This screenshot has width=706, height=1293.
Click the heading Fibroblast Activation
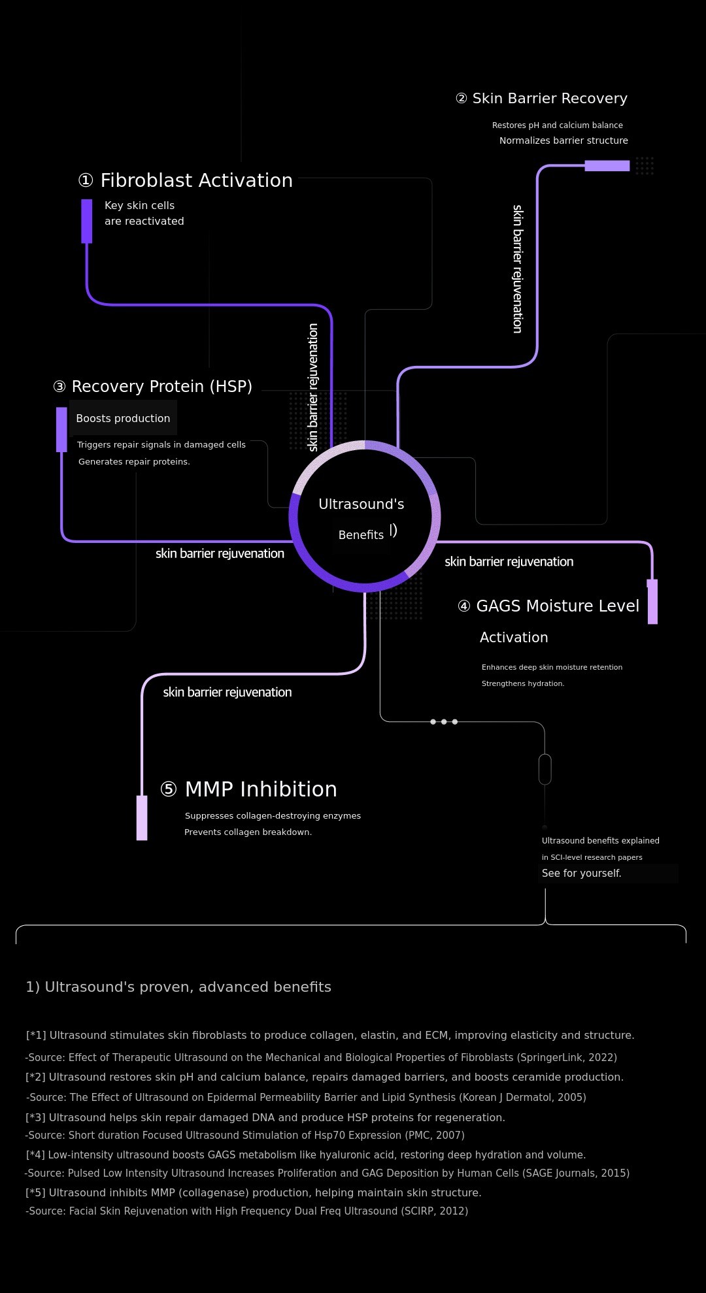[185, 180]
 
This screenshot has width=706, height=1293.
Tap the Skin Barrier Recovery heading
[541, 99]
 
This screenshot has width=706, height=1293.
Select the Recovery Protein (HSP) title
[152, 387]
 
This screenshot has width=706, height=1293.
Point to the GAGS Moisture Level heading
[548, 606]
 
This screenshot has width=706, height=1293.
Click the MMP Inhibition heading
[248, 789]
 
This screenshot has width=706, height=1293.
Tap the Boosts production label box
[123, 418]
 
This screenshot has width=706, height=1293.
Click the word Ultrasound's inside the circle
[361, 504]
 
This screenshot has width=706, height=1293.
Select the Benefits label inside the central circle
[361, 535]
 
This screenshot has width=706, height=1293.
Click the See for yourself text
[582, 874]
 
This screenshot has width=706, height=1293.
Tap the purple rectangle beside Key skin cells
[87, 221]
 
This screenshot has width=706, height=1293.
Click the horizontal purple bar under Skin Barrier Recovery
[607, 166]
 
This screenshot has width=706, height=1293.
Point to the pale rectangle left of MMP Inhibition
[142, 818]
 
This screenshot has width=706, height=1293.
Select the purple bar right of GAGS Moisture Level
[652, 602]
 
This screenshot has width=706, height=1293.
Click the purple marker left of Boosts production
[61, 429]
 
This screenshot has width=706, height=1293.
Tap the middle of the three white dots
[444, 722]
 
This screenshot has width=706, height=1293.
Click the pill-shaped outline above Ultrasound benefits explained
[545, 769]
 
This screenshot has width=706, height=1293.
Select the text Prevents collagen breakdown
[248, 832]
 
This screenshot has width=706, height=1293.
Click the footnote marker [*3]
[36, 1118]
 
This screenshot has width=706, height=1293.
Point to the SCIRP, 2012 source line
[247, 1211]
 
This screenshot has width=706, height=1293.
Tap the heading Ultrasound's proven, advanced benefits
[178, 987]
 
